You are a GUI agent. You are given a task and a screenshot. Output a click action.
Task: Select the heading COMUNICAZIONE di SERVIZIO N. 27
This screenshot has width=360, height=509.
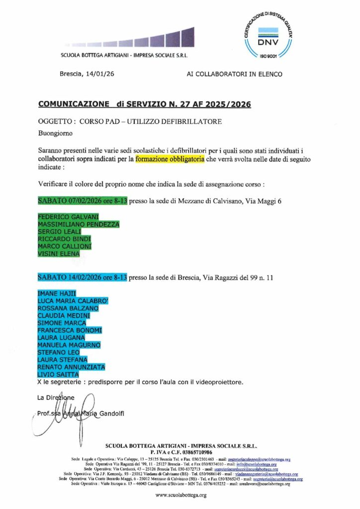[x=144, y=104]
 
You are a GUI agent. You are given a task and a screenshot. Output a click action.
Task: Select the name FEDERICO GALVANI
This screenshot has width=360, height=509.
[x=68, y=217]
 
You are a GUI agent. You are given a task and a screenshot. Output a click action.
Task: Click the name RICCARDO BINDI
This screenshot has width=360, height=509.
[x=64, y=239]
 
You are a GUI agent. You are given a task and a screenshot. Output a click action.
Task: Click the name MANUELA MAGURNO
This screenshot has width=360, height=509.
[x=69, y=345]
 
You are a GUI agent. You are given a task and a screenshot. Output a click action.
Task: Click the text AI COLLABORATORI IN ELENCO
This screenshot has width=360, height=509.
[x=234, y=74]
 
